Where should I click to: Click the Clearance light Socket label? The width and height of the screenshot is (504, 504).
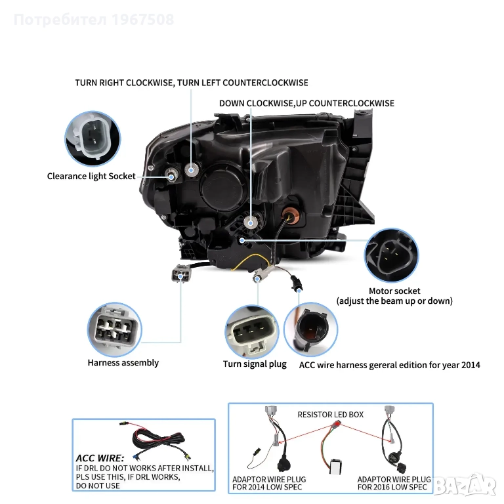(91, 176)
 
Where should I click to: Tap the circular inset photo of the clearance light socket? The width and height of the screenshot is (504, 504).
(93, 138)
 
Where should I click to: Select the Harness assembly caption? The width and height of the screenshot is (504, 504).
(123, 363)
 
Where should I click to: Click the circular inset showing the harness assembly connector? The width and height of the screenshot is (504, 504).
(114, 329)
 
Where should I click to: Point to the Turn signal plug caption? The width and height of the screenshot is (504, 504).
(255, 364)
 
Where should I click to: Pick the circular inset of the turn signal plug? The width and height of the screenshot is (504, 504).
(252, 332)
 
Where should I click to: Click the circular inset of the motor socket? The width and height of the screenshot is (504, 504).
(391, 255)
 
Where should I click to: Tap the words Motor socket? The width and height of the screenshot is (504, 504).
(394, 291)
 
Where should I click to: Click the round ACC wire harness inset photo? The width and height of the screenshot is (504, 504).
(311, 329)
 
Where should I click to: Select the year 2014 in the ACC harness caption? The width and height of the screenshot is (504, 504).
(471, 365)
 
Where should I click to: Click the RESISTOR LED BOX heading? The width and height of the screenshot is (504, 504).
(331, 415)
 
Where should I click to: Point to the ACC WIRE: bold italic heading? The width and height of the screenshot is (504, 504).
(100, 458)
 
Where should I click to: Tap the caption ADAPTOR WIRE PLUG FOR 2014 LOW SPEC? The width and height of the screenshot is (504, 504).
(269, 483)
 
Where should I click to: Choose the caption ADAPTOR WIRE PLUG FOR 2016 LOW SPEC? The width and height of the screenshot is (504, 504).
(394, 483)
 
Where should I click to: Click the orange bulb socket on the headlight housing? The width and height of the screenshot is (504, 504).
(291, 215)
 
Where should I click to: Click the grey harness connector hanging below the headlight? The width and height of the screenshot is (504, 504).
(181, 274)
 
